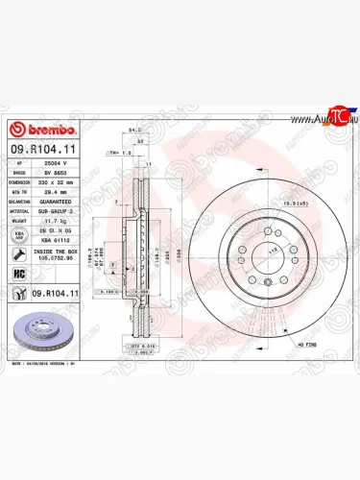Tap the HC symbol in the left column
click(20, 273)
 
